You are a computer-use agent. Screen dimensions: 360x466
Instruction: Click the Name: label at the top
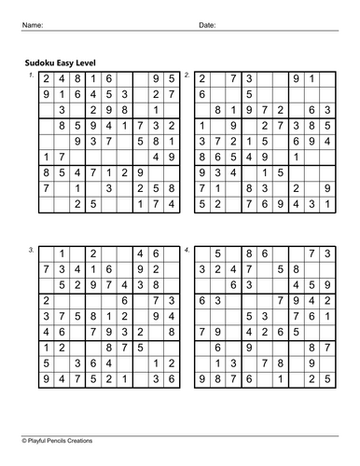33,25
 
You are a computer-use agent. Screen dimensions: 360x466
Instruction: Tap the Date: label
207,25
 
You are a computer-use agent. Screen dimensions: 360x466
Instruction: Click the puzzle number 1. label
31,74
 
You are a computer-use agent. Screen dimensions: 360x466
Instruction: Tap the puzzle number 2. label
187,74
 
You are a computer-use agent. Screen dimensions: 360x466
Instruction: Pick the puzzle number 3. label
31,250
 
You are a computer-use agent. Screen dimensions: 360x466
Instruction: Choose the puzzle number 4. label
187,250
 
